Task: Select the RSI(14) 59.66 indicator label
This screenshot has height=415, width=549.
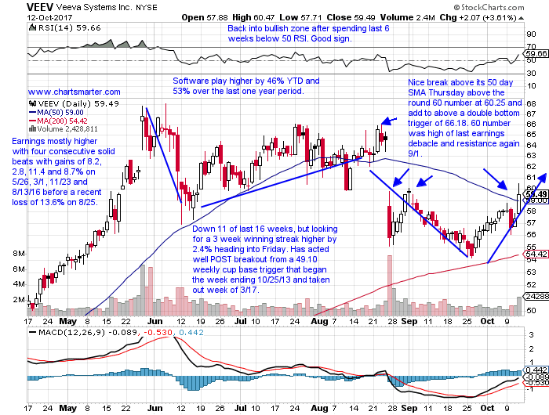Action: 49,26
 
